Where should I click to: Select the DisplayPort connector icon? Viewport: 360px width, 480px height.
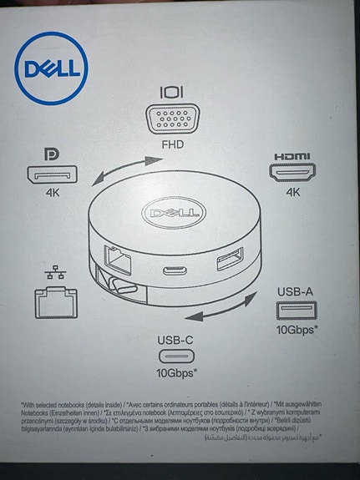coord(52,176)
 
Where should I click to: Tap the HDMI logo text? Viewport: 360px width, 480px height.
coord(292,156)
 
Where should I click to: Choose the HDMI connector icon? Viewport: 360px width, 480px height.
coord(292,174)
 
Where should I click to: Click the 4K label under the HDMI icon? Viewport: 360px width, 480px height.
coord(292,193)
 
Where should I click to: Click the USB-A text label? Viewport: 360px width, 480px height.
coord(296,291)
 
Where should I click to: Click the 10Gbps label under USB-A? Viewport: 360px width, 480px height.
coord(297,330)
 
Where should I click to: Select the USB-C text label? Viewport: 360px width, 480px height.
coord(176,340)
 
